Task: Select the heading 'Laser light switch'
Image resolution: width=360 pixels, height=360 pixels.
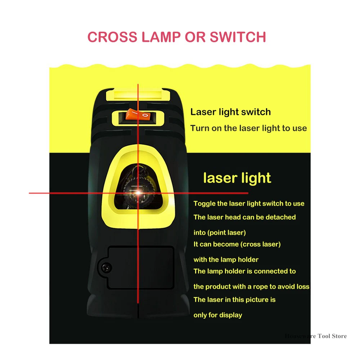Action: (230, 112)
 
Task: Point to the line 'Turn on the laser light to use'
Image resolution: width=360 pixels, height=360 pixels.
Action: (248, 128)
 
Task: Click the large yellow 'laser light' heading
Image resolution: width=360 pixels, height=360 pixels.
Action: (237, 178)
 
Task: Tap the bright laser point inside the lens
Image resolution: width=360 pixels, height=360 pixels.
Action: (138, 193)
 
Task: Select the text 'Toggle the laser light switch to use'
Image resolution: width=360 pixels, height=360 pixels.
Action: (249, 204)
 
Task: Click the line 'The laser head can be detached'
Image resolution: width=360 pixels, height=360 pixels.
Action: (244, 217)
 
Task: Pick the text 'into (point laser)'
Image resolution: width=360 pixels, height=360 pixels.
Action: (220, 233)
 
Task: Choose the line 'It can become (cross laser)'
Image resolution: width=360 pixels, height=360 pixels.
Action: (237, 244)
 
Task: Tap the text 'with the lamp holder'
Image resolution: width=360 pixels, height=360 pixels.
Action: (226, 260)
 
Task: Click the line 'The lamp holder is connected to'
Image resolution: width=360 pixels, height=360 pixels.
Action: (244, 271)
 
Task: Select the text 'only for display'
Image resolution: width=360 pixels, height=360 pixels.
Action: (217, 315)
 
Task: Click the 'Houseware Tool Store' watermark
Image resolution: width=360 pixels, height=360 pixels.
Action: (315, 336)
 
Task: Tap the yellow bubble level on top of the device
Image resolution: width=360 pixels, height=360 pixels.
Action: (138, 95)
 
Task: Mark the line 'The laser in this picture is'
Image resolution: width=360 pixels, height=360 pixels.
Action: (234, 300)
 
